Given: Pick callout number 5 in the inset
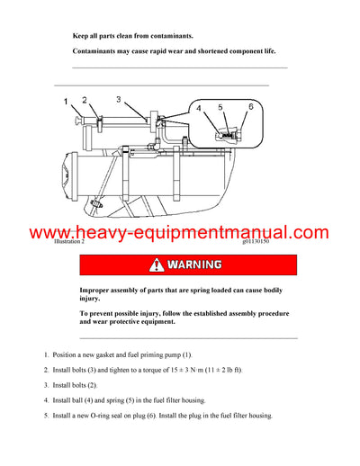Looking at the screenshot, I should [x=220, y=107].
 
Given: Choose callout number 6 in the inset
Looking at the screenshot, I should [x=251, y=106].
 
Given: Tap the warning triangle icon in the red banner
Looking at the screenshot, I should [x=157, y=265].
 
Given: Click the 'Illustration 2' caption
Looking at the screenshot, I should [x=68, y=242].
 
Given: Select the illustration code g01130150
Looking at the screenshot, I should [x=256, y=242].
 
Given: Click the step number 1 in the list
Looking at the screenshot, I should [x=46, y=355].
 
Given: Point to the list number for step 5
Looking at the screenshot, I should [x=46, y=415].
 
